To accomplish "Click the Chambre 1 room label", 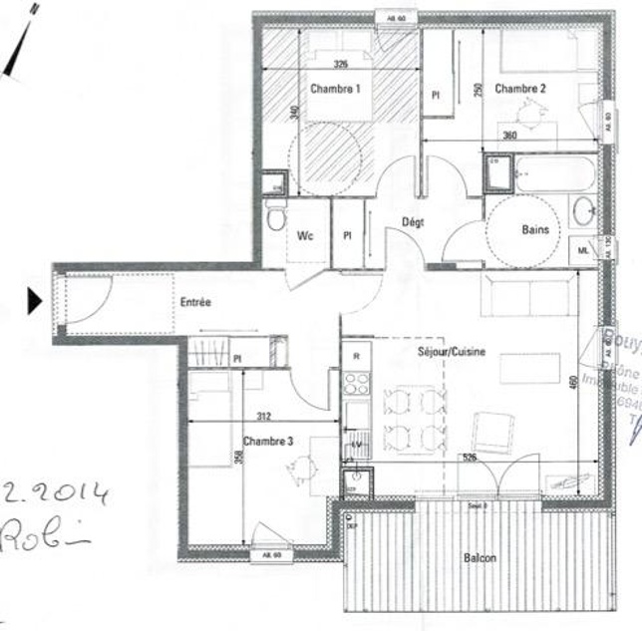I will pyautogui.click(x=334, y=89).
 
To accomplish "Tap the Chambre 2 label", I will pyautogui.click(x=520, y=89).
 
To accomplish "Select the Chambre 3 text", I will pyautogui.click(x=267, y=440).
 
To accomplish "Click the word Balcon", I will pyautogui.click(x=481, y=559).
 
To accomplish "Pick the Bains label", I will pyautogui.click(x=535, y=229).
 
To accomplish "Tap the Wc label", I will pyautogui.click(x=306, y=236).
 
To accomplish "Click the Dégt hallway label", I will pyautogui.click(x=413, y=221).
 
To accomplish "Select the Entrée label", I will pyautogui.click(x=195, y=303).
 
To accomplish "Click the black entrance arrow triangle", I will pyautogui.click(x=34, y=300).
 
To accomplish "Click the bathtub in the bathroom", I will pyautogui.click(x=554, y=174).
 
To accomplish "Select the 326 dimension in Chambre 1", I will pyautogui.click(x=340, y=65).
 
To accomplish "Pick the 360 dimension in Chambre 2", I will pyautogui.click(x=537, y=136).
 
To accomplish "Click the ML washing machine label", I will pyautogui.click(x=583, y=251).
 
